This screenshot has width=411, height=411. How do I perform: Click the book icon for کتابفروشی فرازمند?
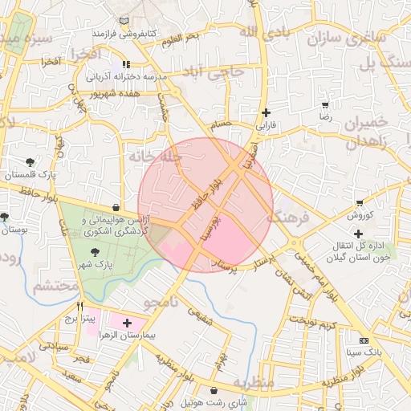click(x=122, y=22)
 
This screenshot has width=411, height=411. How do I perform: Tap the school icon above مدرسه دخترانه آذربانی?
click(x=125, y=64)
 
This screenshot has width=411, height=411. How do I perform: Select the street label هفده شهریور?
click(x=108, y=93)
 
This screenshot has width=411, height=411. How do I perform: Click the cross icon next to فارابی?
click(x=266, y=113)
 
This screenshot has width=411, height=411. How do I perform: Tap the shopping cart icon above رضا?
click(x=325, y=105)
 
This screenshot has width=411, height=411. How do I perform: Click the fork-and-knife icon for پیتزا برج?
click(x=79, y=307)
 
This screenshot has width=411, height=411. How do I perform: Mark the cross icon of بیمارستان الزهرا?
click(x=127, y=322)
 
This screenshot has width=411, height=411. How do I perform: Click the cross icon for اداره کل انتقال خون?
click(x=358, y=234)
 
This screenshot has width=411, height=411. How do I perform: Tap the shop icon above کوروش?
click(x=359, y=203)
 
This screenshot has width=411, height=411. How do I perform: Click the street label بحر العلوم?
click(x=180, y=38)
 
